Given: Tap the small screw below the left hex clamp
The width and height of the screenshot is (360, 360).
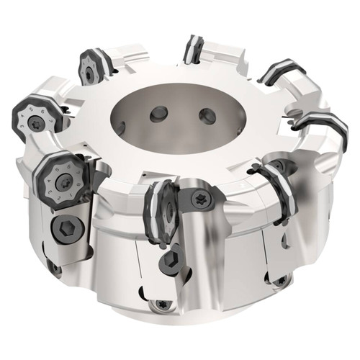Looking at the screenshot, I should [x=55, y=267].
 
